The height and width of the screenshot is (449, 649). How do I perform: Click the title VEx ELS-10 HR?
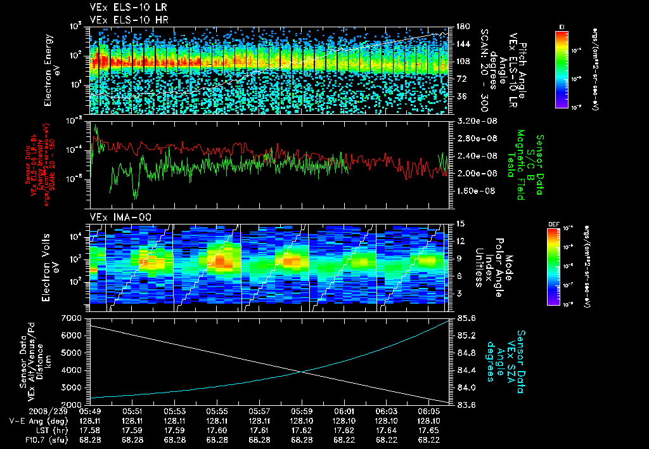click(x=122, y=20)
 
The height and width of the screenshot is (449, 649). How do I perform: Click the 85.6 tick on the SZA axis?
click(x=466, y=317)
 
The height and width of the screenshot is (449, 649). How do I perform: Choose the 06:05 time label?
click(x=428, y=411)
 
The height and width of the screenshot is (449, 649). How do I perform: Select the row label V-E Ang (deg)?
click(x=35, y=420)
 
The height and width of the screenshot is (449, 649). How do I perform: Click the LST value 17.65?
click(x=428, y=430)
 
